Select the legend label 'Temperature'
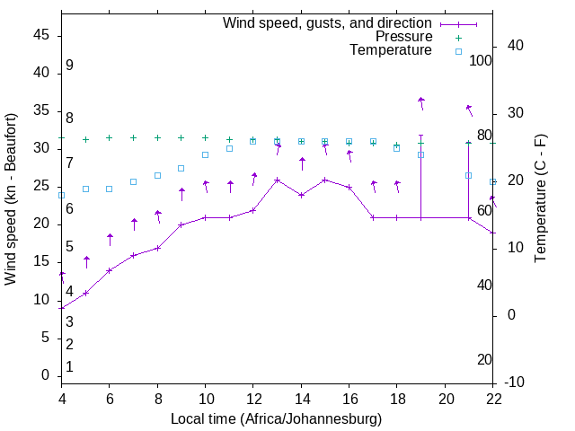tap(391, 50)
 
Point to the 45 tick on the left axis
tap(40, 35)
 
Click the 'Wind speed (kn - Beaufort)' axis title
tap(11, 199)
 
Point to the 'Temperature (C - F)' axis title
tap(540, 199)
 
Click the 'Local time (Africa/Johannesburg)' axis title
tap(276, 419)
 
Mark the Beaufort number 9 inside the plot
tap(69, 66)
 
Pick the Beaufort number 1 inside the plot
tap(69, 366)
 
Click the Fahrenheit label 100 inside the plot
tap(481, 61)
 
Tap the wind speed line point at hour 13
tap(278, 180)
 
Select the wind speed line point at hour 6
tap(110, 270)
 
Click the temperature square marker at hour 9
tap(181, 168)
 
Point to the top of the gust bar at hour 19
tap(420, 135)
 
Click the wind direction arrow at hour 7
tap(134, 223)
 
